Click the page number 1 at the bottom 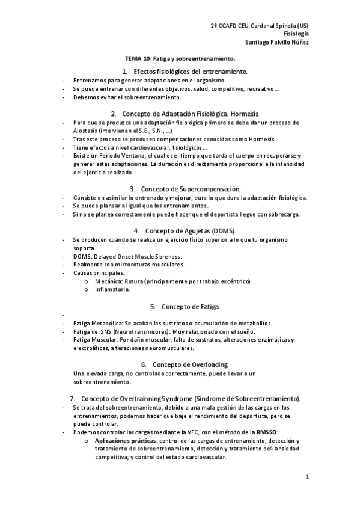click(x=307, y=478)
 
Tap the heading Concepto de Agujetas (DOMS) click(x=193, y=230)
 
